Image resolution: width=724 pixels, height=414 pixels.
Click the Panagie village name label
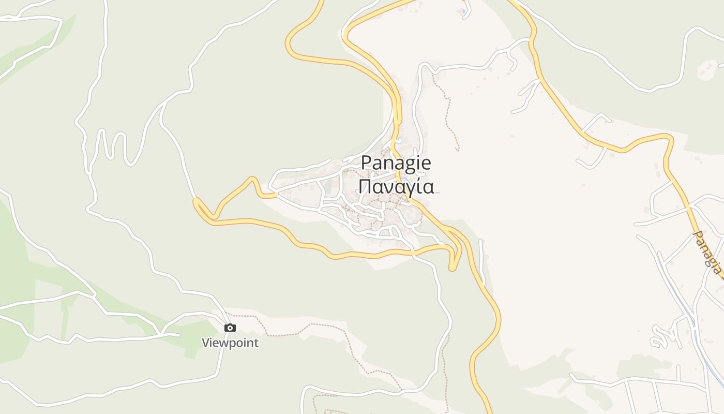pyautogui.click(x=396, y=163)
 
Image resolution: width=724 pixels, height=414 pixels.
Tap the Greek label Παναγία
pyautogui.click(x=396, y=186)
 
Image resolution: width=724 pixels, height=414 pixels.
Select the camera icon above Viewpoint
pyautogui.click(x=230, y=328)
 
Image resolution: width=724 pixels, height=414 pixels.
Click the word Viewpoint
pyautogui.click(x=230, y=343)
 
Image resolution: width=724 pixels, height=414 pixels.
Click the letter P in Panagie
pyautogui.click(x=366, y=163)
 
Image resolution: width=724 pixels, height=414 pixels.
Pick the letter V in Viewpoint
pyautogui.click(x=206, y=343)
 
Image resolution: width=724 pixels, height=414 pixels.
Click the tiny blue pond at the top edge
pyautogui.click(x=463, y=10)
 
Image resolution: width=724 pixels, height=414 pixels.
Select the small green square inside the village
pyautogui.click(x=345, y=173)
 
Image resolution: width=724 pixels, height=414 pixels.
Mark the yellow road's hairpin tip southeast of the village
pyautogui.click(x=452, y=268)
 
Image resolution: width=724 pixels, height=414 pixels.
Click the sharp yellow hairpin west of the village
pyautogui.click(x=197, y=202)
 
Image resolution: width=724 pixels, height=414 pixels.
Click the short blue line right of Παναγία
pyautogui.click(x=437, y=193)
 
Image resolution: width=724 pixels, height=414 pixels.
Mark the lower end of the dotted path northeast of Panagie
pyautogui.click(x=458, y=150)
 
